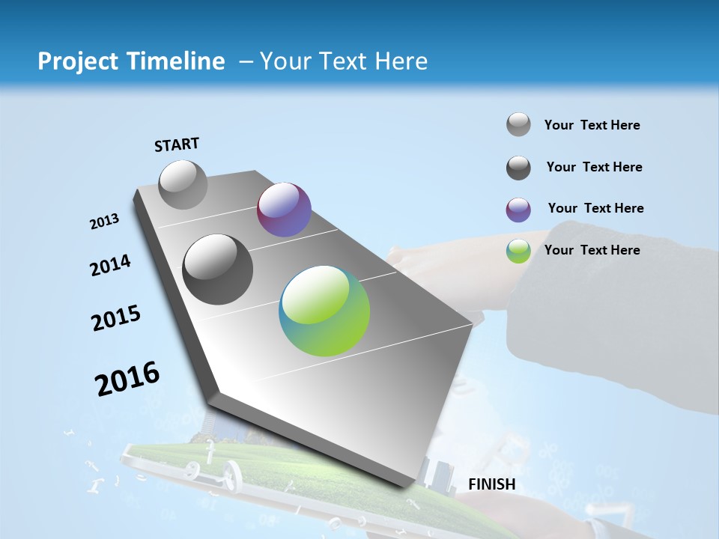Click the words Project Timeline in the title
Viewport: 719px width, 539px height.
point(131,61)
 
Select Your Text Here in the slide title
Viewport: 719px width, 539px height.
point(343,61)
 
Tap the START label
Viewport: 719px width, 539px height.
point(177,144)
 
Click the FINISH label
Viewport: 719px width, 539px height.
point(492,484)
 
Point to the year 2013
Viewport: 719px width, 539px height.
point(105,222)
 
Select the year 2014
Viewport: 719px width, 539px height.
point(110,265)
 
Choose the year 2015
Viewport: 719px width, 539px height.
point(116,318)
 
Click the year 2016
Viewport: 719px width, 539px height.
point(127,379)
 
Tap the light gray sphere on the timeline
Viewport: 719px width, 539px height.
point(183,184)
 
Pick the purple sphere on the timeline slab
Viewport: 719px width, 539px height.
point(284,210)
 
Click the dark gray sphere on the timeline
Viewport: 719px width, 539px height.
point(218,269)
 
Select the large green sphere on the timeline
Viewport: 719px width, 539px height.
point(324,311)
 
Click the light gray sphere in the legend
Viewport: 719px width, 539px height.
point(518,124)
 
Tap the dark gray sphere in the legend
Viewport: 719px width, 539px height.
point(518,168)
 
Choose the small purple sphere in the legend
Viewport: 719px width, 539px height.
point(518,210)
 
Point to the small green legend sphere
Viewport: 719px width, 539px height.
point(518,251)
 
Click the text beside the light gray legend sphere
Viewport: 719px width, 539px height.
point(592,125)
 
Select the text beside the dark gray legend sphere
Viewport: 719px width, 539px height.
point(594,167)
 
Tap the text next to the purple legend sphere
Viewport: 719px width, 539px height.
point(595,208)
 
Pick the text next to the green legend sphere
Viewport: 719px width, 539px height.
point(592,250)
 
